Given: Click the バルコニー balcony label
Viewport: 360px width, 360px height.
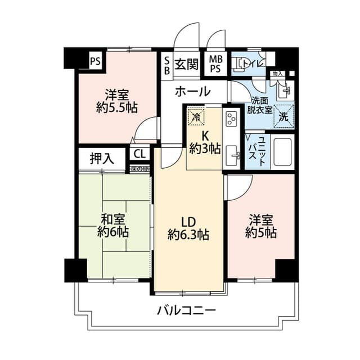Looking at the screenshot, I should coord(186,310).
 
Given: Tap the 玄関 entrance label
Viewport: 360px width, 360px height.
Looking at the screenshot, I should coord(186,64).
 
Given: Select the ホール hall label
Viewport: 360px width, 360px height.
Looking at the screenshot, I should coord(192,91).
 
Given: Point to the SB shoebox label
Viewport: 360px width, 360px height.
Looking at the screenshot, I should coord(167,64).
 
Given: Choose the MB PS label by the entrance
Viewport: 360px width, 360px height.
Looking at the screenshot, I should coord(215,64).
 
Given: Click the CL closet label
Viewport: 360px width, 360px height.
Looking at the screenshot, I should coord(139,154).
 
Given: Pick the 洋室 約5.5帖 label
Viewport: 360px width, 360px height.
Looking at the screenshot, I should coord(117,101).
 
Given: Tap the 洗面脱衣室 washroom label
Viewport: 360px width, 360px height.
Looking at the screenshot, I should coord(260,105).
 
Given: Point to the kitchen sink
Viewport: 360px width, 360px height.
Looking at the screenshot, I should coord(232,155).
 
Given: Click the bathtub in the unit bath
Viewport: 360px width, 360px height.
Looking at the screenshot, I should coord(282,151).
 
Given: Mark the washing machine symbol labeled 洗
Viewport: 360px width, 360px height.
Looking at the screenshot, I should coord(283,117).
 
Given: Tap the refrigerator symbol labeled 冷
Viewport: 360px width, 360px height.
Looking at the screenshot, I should coord(195,117).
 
